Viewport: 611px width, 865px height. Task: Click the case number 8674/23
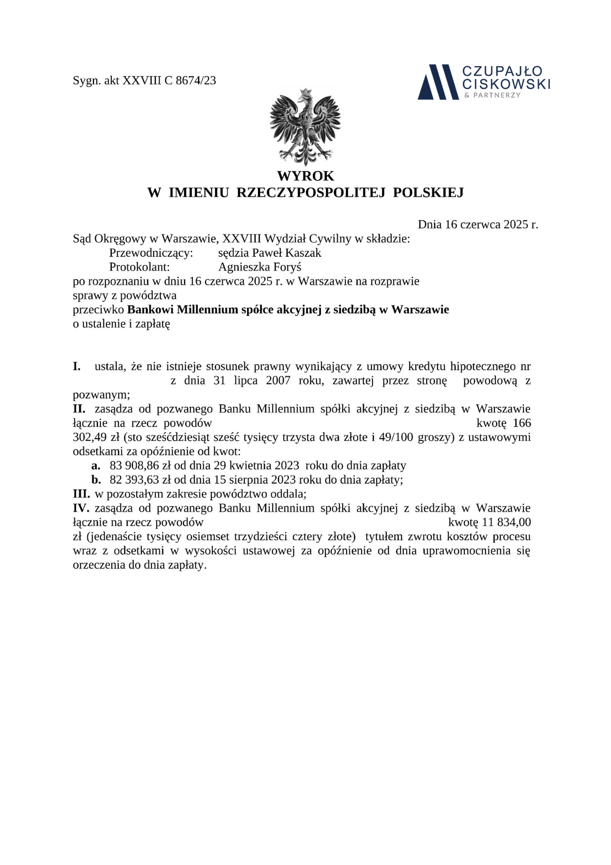point(196,80)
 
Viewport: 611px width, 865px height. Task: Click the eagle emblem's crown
point(305,92)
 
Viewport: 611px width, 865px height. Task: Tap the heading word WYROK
point(305,175)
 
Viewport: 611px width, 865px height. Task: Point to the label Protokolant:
point(139,267)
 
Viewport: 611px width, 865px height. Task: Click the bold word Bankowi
point(149,310)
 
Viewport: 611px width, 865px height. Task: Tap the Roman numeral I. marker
point(77,366)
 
